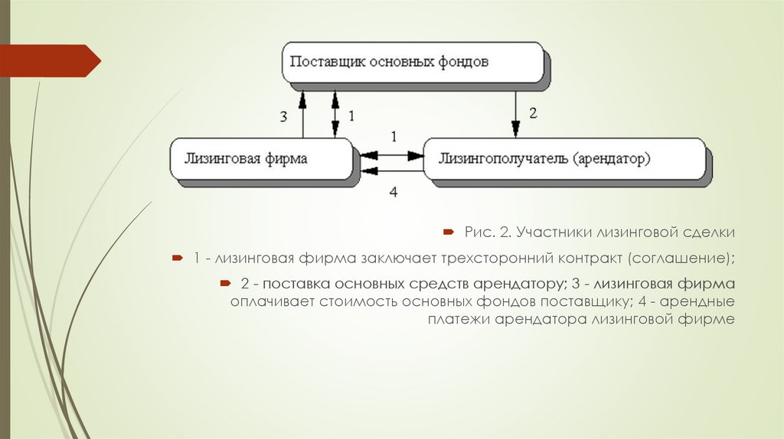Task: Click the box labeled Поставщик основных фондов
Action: click(413, 62)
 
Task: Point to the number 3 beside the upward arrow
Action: click(283, 116)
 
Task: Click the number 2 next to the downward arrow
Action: click(533, 112)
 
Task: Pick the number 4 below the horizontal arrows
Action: click(394, 192)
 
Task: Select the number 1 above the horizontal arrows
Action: click(394, 137)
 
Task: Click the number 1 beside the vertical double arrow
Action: click(352, 116)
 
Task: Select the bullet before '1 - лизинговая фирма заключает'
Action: click(177, 258)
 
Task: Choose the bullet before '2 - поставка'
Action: click(224, 284)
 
